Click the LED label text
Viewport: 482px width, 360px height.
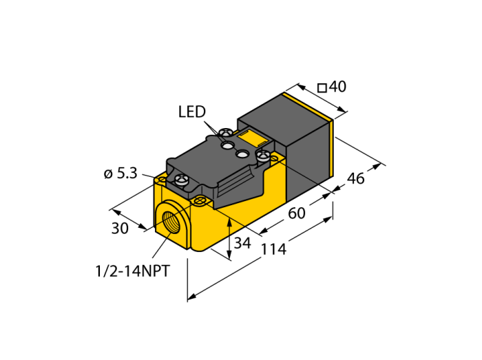[191, 112]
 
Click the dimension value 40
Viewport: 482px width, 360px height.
[337, 87]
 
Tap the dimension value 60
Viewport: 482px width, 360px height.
[296, 213]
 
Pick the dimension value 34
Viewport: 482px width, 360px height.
[242, 242]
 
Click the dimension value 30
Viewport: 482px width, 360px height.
[120, 229]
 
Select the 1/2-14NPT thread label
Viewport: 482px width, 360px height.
[132, 271]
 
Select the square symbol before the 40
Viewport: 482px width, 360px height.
[322, 87]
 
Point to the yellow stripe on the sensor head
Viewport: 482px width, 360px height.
[333, 148]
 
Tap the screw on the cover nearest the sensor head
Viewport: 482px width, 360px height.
[262, 157]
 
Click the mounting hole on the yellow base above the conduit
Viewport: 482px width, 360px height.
[200, 201]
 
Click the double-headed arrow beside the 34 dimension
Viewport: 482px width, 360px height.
[229, 237]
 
